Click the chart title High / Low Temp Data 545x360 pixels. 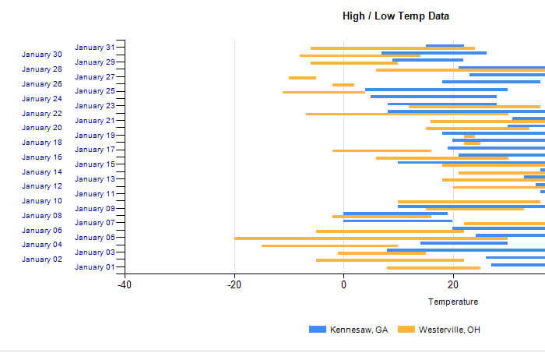tap(396, 16)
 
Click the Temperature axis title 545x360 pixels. tap(453, 302)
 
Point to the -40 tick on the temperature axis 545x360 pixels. tap(125, 284)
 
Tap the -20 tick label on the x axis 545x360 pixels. tap(234, 284)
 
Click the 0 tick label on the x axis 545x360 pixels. tap(343, 284)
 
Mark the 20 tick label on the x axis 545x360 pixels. tap(453, 284)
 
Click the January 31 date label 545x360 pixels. tap(95, 48)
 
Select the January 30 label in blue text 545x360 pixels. tap(42, 55)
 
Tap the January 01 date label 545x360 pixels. tap(95, 267)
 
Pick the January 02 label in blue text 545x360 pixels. tap(42, 259)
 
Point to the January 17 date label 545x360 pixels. tap(95, 150)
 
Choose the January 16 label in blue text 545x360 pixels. tap(42, 157)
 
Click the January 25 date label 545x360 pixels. tap(95, 91)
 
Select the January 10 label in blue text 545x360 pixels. tap(42, 201)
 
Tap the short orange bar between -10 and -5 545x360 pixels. tap(302, 77)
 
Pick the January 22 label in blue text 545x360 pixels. tap(42, 113)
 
